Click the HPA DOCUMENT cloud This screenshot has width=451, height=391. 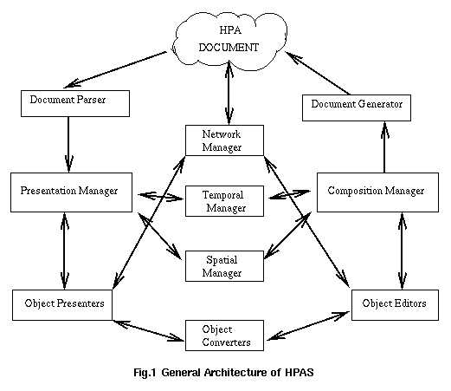[229, 41]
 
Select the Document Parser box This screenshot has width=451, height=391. [75, 103]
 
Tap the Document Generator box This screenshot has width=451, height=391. [357, 108]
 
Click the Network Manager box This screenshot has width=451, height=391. [224, 140]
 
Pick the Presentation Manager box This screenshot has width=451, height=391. [72, 192]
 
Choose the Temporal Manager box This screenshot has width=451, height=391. [224, 201]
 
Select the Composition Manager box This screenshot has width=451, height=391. [378, 192]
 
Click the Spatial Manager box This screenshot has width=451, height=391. [224, 266]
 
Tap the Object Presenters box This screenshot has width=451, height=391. [62, 305]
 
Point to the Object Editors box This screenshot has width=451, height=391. [396, 305]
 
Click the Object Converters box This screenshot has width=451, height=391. [224, 336]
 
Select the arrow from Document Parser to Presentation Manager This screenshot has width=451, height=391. [68, 145]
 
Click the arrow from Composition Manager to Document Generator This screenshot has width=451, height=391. [384, 147]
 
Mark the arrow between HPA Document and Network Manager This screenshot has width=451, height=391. [229, 93]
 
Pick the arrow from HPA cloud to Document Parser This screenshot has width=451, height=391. [115, 69]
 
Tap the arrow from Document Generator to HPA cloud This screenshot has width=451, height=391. [318, 73]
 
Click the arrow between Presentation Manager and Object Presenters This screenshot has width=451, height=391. [64, 251]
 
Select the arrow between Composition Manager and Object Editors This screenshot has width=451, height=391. [402, 251]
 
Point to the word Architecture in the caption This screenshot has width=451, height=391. [235, 373]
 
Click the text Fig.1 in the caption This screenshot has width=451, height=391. [145, 373]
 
